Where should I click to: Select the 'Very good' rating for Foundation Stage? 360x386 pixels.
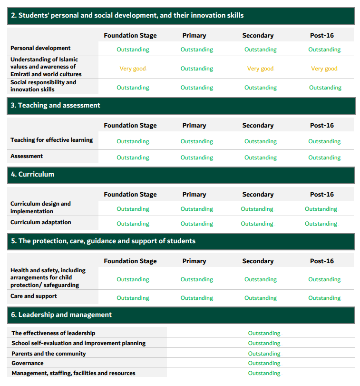point(133,69)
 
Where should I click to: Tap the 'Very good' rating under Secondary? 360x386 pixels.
point(260,69)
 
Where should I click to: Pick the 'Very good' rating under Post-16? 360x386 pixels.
point(324,69)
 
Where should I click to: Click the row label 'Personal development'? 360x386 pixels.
point(40,48)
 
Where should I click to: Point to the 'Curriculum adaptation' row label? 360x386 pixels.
point(41,222)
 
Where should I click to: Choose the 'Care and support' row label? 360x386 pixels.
point(34,296)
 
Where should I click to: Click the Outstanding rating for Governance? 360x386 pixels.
point(264,363)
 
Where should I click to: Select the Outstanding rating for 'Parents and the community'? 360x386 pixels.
point(264,354)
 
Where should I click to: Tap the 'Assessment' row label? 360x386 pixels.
point(27,156)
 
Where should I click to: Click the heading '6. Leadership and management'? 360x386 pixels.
point(61,315)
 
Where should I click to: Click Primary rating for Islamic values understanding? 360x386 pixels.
point(196,69)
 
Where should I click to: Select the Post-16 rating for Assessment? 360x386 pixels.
point(324,158)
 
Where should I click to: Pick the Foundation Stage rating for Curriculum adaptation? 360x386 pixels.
point(133,224)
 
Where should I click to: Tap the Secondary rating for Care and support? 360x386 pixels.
point(260,298)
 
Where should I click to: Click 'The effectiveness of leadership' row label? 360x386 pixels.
point(53,333)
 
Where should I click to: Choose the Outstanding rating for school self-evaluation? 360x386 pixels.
point(264,343)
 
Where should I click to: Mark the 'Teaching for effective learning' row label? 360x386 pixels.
point(51,140)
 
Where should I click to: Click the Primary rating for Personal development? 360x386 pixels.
point(196,49)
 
